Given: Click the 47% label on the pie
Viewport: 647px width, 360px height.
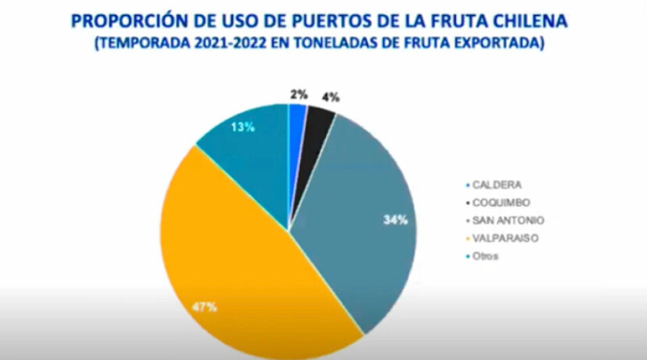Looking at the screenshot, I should (204, 307).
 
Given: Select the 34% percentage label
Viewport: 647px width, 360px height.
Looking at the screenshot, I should (396, 220).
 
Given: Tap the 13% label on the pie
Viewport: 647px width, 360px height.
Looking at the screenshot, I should (242, 127).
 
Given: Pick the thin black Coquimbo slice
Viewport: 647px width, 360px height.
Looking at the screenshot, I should (319, 119).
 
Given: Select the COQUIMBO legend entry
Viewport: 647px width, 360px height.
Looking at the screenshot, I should (500, 202).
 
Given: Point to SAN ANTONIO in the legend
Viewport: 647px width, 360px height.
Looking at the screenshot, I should (507, 221).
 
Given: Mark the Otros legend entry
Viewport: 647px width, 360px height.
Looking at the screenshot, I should (487, 256).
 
